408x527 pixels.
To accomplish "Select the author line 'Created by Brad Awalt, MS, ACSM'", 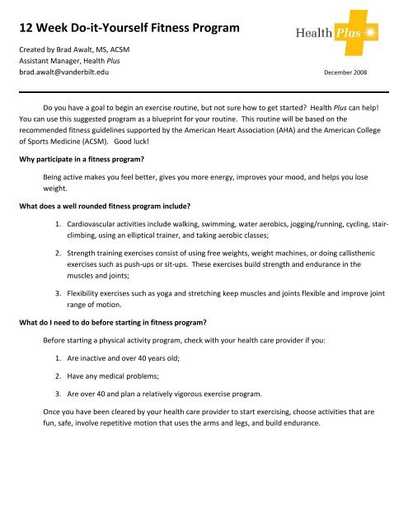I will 73,50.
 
